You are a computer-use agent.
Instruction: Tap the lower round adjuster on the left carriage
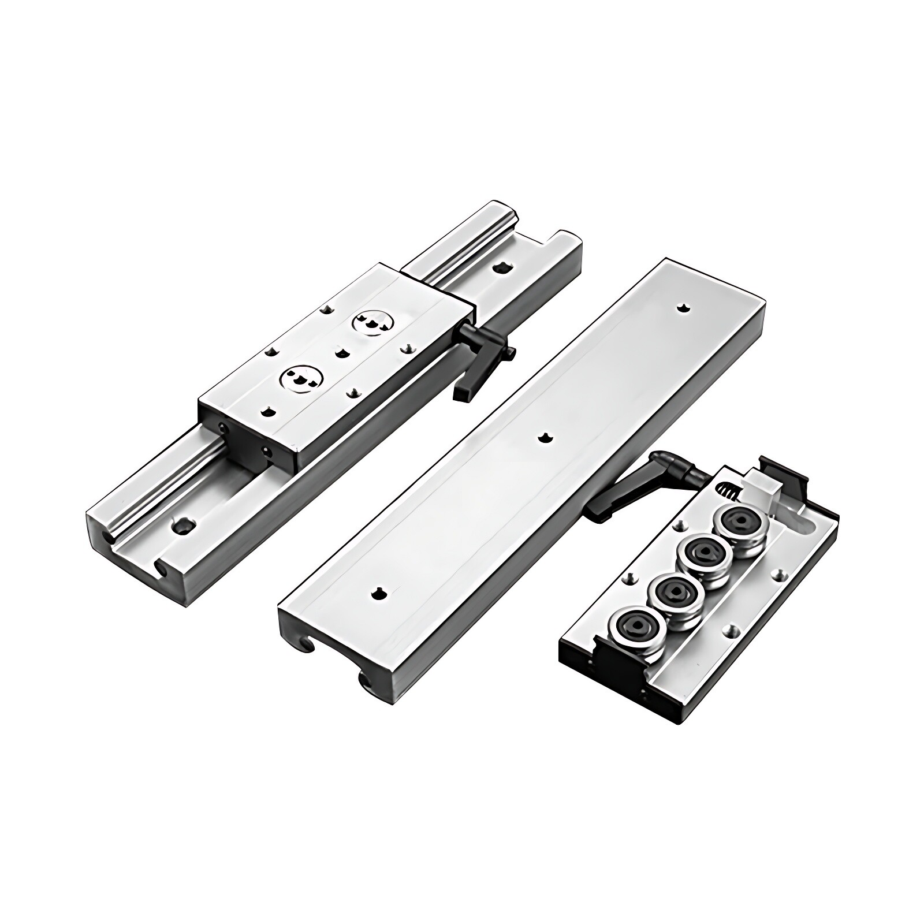tap(301, 378)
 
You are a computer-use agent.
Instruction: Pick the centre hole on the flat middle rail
tap(543, 438)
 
